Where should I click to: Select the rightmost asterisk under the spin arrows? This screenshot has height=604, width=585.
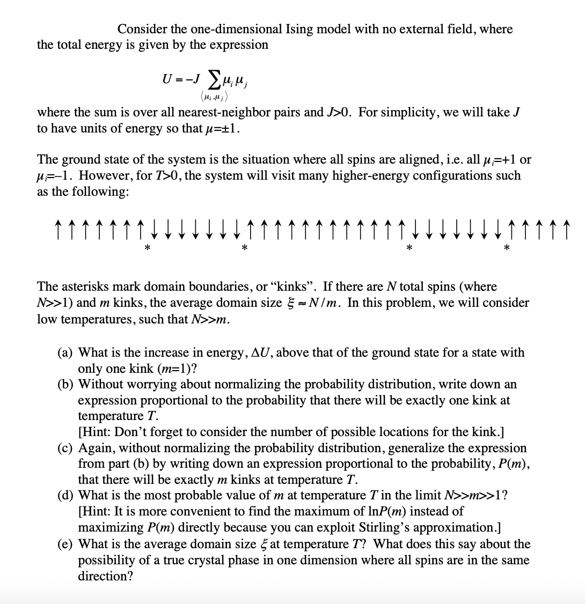pos(507,248)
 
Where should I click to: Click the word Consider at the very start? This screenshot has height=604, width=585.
pos(141,29)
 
